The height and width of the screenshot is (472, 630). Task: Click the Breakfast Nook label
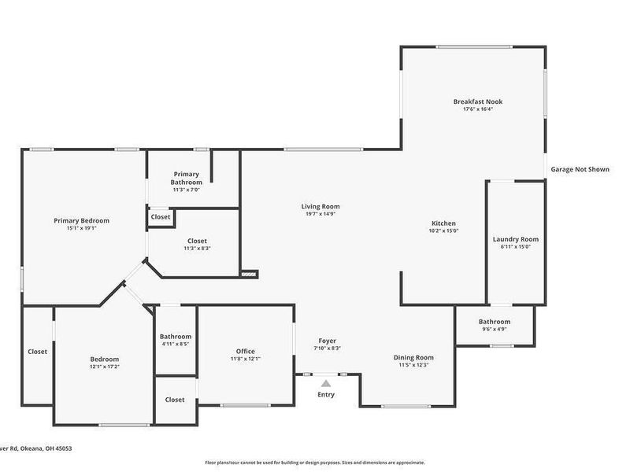[477, 101]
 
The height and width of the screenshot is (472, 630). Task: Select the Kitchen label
[443, 223]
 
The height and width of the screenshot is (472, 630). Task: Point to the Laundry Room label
[515, 239]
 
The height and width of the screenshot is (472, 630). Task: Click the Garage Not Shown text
[580, 169]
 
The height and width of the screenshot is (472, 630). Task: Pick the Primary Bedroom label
[81, 221]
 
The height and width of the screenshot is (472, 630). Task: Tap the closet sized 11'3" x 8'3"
[197, 244]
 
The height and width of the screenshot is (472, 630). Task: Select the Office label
[245, 352]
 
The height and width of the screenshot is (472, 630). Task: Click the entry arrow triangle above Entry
[325, 383]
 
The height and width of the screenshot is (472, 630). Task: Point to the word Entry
[325, 395]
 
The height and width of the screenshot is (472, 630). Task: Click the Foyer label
[327, 341]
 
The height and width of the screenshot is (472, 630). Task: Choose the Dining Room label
[413, 358]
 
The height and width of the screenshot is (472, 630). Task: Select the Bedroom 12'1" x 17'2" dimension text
[104, 367]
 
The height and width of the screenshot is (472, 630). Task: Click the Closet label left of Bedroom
[37, 352]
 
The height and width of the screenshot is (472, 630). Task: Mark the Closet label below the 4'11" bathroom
[175, 400]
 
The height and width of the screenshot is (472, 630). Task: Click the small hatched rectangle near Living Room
[249, 275]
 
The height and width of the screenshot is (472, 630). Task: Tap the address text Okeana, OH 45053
[46, 448]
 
